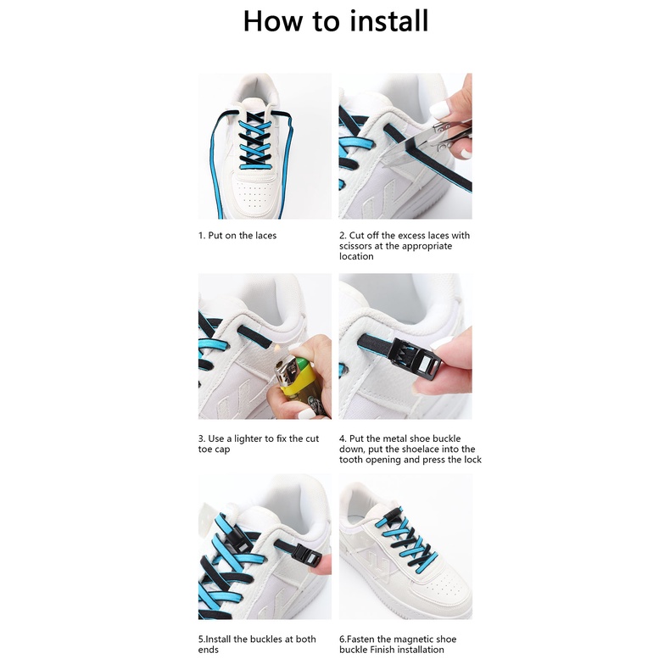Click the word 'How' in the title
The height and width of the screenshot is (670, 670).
click(272, 20)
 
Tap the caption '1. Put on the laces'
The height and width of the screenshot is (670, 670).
click(237, 236)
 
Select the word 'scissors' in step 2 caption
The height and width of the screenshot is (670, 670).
click(355, 246)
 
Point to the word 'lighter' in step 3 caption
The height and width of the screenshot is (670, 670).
click(248, 438)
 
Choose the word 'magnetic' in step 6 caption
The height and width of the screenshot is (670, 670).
click(417, 639)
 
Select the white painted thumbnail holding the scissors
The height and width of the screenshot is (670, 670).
click(438, 111)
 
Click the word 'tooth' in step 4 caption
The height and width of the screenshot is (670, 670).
click(350, 460)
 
